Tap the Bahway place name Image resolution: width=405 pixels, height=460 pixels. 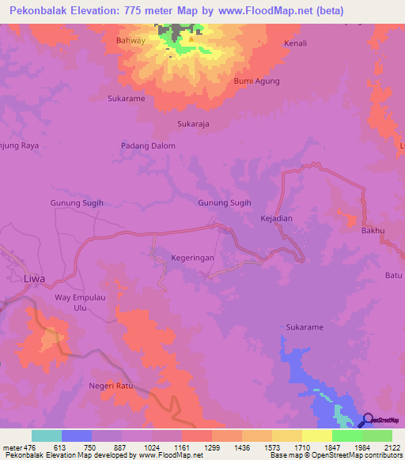click(131, 40)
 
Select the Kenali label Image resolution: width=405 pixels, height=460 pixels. click(294, 43)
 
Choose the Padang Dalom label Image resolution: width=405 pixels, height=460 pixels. click(148, 145)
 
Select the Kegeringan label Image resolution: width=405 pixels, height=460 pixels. click(194, 258)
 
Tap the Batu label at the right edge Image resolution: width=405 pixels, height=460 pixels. click(393, 275)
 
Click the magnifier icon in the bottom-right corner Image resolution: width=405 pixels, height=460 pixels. click(369, 420)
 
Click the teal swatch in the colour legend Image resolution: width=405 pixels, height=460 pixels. click(46, 435)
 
